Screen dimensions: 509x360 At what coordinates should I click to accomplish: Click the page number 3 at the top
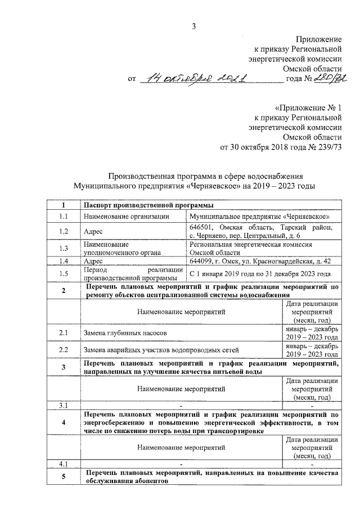tap(193, 25)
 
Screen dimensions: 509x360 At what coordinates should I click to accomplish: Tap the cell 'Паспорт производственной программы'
tap(144, 205)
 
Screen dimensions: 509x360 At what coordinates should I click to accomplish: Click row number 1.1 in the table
tap(63, 216)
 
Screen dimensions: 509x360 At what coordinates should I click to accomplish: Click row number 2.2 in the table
tap(63, 350)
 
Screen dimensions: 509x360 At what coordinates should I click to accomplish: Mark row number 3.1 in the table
tap(63, 405)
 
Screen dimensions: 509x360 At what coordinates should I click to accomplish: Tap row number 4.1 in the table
tap(63, 463)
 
